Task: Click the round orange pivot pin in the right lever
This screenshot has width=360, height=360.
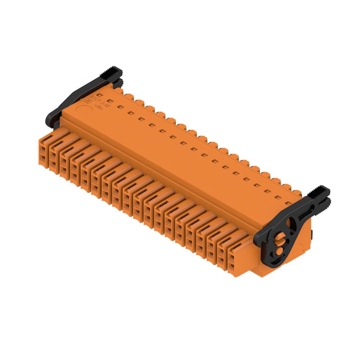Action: click(280, 237)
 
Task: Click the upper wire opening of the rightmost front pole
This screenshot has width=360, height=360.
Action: click(231, 258)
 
